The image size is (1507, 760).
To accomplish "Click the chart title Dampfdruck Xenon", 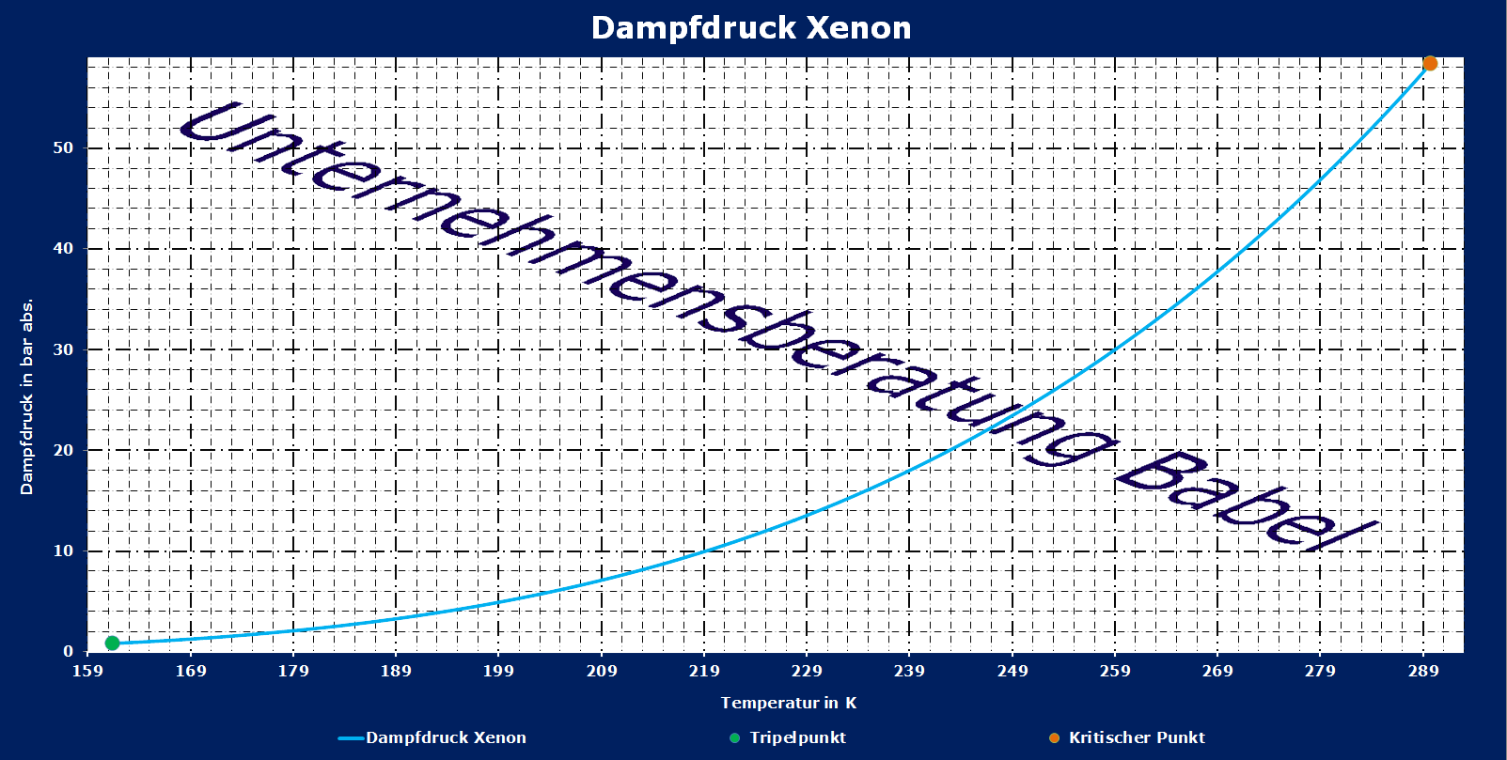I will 751,28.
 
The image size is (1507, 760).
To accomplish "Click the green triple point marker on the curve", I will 112,643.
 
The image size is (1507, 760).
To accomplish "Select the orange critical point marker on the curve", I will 1430,64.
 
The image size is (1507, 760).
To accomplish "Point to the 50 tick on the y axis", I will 64,147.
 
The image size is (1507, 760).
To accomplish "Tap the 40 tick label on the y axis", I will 64,248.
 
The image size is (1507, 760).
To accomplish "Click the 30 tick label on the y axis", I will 64,349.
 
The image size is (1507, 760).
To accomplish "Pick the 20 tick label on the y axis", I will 64,450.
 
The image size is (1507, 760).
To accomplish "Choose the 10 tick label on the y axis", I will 64,551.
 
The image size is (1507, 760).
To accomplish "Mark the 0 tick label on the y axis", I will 68,651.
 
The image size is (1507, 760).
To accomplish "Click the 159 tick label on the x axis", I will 88,671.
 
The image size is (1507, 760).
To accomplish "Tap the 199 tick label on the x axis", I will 498,671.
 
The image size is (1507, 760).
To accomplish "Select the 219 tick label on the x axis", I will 704,671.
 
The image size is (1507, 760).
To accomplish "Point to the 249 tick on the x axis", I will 1013,671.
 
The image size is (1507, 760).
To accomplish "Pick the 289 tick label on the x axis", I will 1423,671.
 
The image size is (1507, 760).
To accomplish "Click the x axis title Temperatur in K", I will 789,703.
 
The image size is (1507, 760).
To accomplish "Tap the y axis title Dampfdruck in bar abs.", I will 26,396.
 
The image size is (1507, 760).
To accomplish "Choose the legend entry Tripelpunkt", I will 797,737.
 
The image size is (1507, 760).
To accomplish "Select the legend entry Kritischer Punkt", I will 1137,737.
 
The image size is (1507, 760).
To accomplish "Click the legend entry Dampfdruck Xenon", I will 446,737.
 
